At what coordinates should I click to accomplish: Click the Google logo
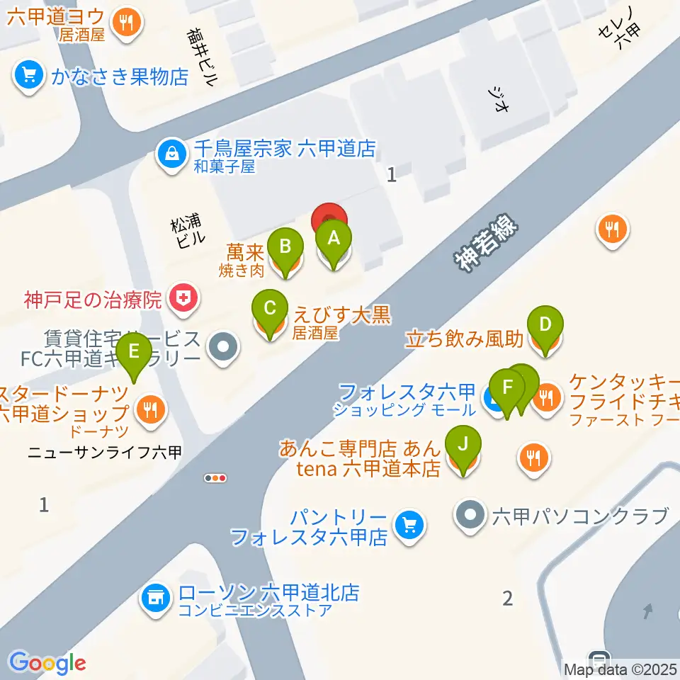(47, 662)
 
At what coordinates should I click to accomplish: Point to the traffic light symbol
(215, 478)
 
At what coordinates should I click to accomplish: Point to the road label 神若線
(487, 245)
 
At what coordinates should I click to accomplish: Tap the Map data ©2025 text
(620, 669)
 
